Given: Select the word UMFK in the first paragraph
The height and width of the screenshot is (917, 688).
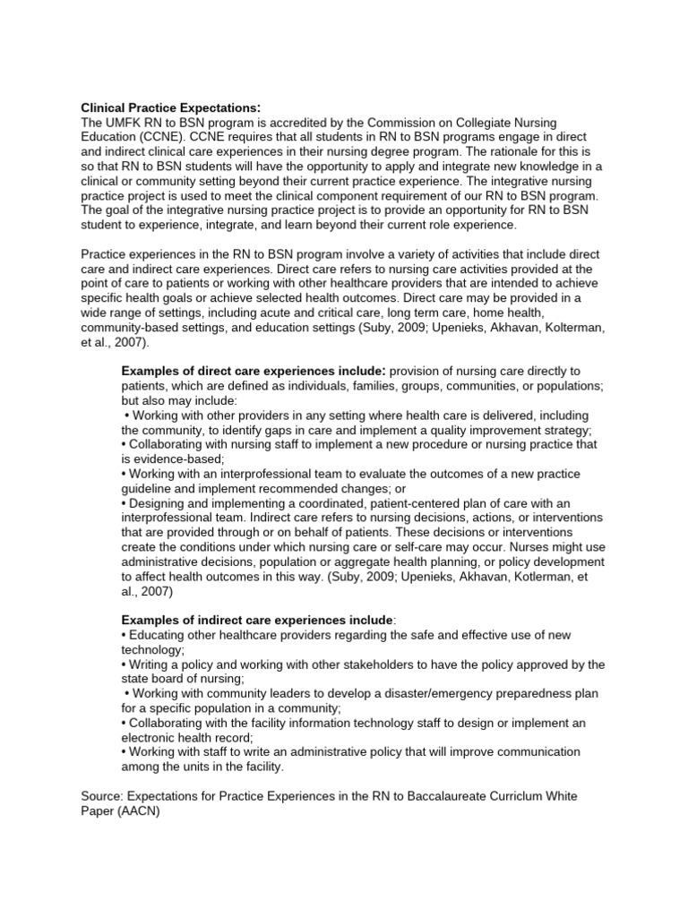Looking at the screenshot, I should coord(128,123).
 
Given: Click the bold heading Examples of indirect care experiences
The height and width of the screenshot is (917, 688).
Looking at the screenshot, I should coord(256,619).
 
